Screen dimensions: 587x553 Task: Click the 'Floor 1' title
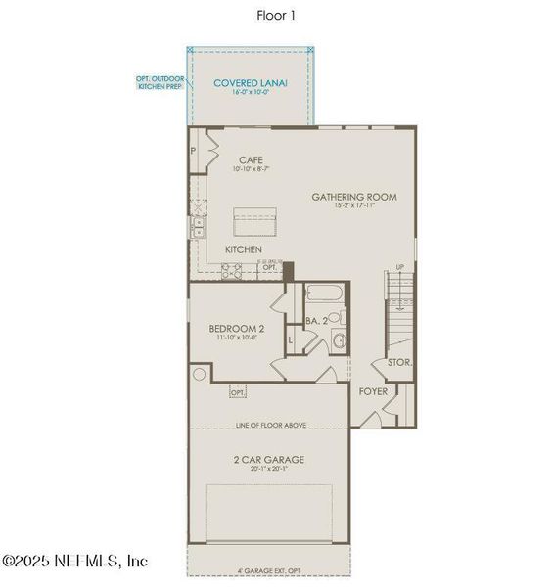click(275, 15)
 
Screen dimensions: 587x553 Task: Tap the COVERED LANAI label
click(251, 83)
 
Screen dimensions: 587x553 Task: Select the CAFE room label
click(251, 160)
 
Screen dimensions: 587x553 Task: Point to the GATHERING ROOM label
click(354, 197)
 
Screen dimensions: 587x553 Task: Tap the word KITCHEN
click(244, 250)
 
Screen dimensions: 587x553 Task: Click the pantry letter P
click(194, 153)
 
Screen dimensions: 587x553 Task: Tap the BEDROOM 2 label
click(237, 329)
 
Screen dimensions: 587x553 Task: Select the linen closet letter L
click(291, 340)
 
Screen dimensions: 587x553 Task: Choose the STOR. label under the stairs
click(400, 362)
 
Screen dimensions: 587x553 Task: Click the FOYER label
click(373, 391)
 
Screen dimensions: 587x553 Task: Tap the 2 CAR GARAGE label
click(269, 459)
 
